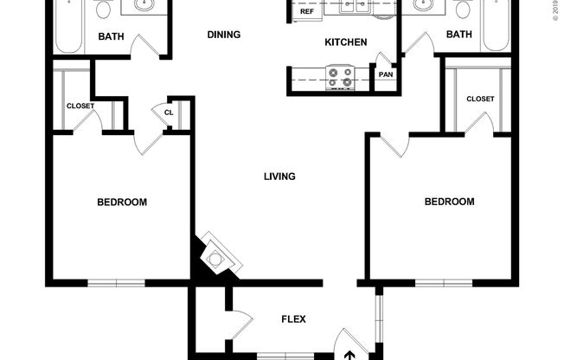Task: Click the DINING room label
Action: pos(223,35)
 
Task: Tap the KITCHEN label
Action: pos(345,42)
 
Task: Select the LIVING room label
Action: pos(279,177)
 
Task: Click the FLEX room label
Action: pos(293,318)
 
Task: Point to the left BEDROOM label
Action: pos(121,202)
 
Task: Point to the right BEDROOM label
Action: pos(449,202)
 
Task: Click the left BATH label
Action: pos(110,36)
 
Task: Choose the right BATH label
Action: pos(458,35)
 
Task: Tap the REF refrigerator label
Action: pos(307,11)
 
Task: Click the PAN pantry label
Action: pos(385,74)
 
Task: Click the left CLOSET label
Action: pos(80,106)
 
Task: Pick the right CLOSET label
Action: pos(480,99)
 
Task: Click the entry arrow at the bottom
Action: pos(350,354)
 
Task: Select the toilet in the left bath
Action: pos(104,10)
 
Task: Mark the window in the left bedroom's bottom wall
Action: pos(115,282)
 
